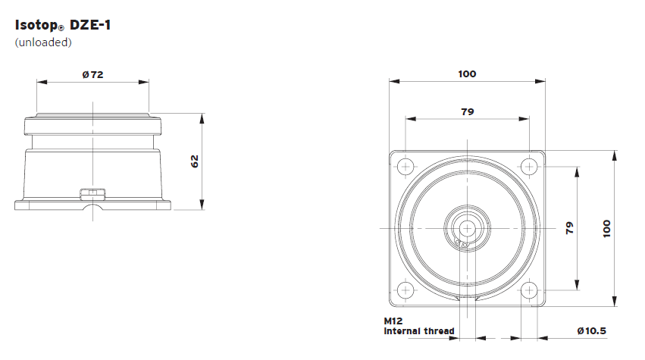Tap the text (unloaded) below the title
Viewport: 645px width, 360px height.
43,42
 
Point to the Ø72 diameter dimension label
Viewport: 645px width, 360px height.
92,74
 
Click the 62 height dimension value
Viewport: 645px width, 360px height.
194,161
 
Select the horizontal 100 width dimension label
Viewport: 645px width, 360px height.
467,74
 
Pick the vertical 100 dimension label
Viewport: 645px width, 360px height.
606,228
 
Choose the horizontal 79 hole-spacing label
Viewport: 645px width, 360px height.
467,111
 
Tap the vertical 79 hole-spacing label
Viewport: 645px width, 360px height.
570,228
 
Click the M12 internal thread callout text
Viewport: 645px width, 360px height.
418,326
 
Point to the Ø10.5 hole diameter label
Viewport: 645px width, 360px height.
591,331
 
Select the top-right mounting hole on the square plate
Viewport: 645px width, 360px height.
528,166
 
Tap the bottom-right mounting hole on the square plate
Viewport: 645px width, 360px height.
528,290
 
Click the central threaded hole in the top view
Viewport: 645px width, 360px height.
467,227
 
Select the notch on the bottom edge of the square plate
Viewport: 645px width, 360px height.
467,302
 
